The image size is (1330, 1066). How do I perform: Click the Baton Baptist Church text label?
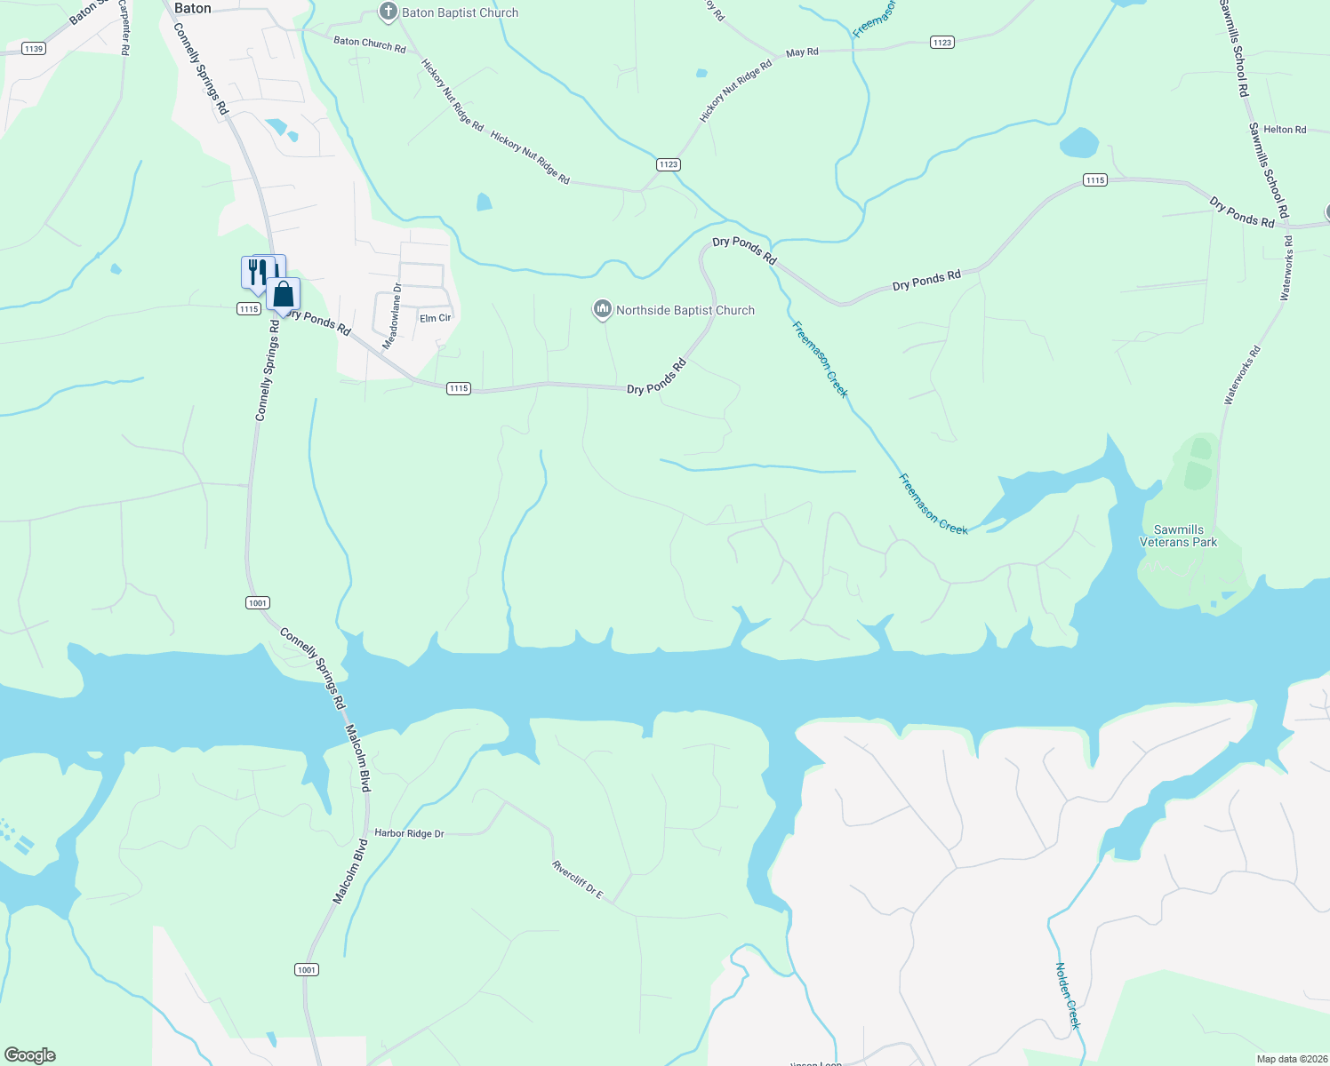(x=460, y=12)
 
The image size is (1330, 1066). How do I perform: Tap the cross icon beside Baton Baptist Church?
(x=388, y=12)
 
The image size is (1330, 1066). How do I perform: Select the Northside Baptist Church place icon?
(x=603, y=309)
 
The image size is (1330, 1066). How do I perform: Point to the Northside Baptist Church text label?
(x=685, y=310)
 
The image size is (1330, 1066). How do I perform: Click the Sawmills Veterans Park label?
(x=1178, y=536)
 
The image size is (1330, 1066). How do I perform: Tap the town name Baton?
(x=192, y=8)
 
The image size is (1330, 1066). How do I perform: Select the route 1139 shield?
(x=34, y=49)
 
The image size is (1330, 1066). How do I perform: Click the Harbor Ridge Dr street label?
(x=409, y=833)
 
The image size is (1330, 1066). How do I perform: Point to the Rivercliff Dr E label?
(x=577, y=879)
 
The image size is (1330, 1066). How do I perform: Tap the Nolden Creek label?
(x=1068, y=995)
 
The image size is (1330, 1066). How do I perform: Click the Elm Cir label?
(x=436, y=318)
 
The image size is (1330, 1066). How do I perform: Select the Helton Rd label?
(x=1285, y=130)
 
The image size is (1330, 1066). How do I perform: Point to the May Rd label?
(x=802, y=52)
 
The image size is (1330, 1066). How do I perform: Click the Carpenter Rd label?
(x=124, y=27)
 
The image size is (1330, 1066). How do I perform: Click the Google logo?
(x=30, y=1055)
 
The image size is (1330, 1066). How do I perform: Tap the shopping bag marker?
(x=283, y=295)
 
